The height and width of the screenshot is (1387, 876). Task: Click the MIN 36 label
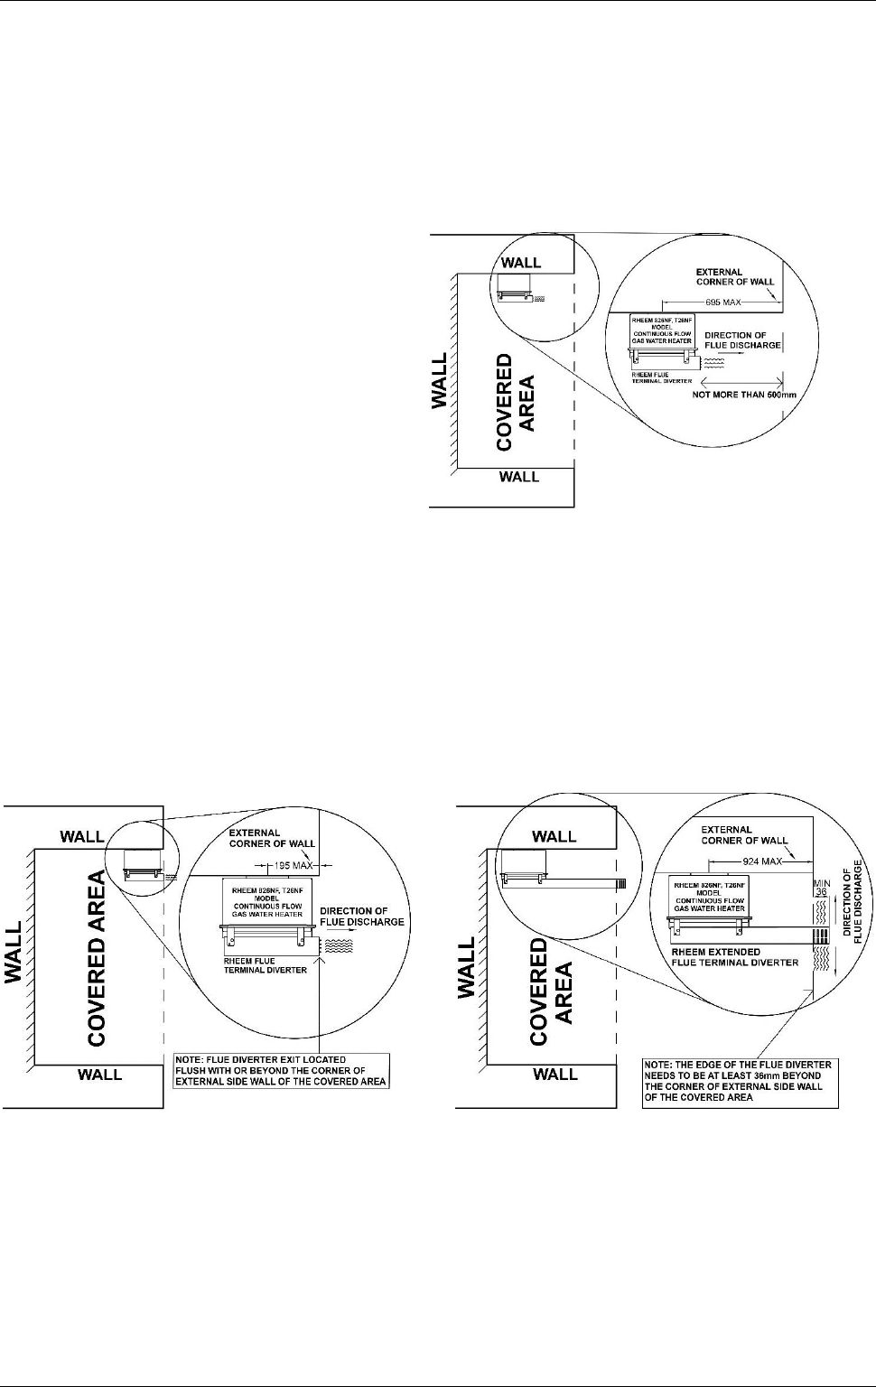pos(822,888)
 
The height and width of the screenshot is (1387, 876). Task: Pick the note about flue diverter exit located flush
pos(281,1070)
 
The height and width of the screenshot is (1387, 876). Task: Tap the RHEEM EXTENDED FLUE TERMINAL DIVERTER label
pos(734,957)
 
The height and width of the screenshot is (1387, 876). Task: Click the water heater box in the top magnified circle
pos(662,330)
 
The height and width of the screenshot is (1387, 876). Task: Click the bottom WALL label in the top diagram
pos(519,477)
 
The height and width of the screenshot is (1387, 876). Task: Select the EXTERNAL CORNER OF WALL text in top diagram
pos(735,276)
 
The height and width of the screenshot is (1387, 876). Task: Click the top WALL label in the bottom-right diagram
pos(554,836)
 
